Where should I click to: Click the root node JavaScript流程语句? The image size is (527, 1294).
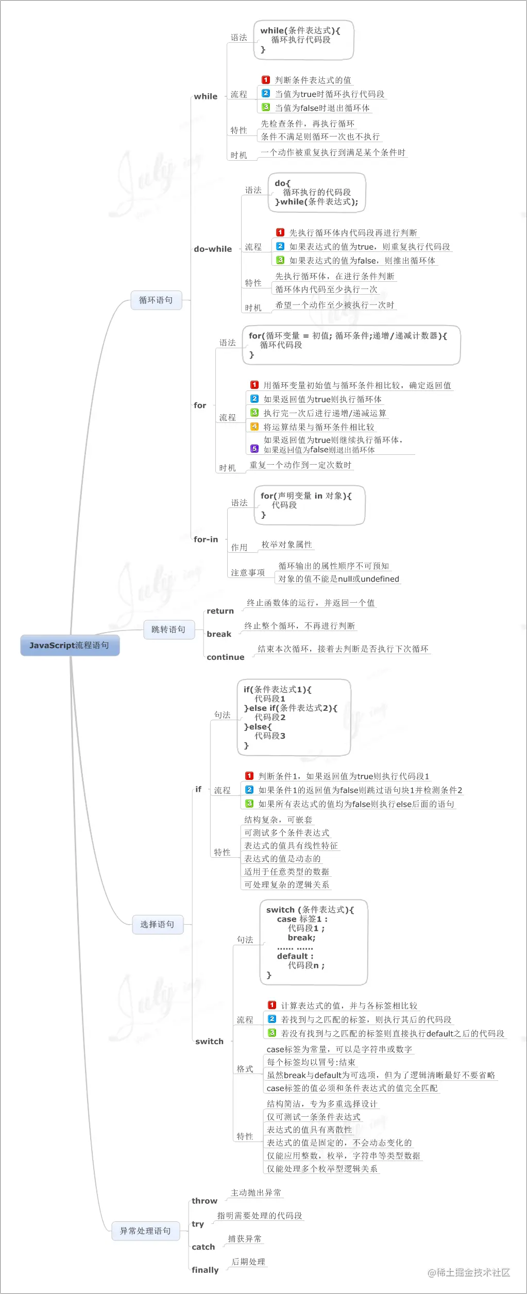click(70, 645)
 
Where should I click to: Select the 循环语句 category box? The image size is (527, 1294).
click(156, 300)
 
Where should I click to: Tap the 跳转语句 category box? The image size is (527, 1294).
click(168, 629)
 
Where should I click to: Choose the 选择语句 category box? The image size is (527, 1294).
click(157, 925)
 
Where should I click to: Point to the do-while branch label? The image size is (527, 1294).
click(213, 249)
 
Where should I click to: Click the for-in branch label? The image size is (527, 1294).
click(206, 539)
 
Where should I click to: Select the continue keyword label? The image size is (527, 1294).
click(225, 657)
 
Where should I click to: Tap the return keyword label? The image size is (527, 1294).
click(220, 611)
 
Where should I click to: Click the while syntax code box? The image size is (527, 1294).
click(303, 40)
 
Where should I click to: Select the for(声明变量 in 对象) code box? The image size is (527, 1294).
click(309, 505)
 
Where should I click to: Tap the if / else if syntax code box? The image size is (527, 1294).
click(294, 717)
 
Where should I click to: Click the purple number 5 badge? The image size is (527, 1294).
click(254, 449)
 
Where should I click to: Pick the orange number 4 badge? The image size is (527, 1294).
click(254, 427)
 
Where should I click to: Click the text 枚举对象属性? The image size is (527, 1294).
click(286, 544)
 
